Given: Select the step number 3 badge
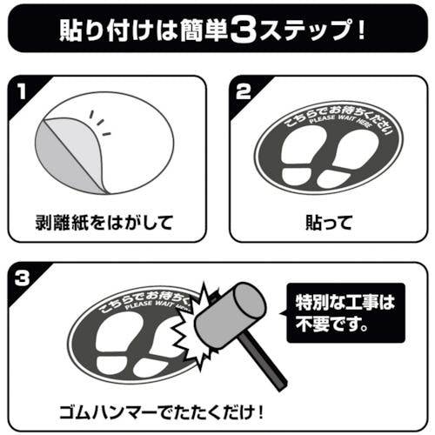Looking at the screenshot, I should click(22, 278).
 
